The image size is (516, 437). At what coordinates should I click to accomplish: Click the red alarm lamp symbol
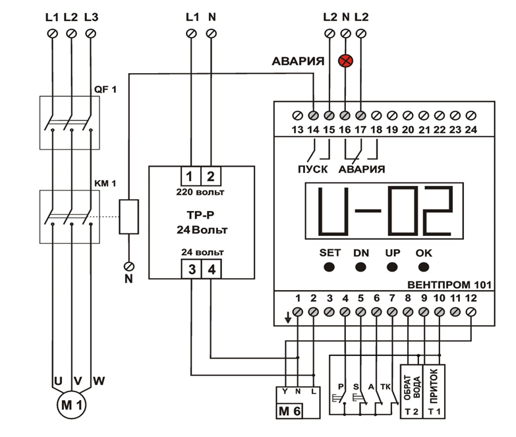(344, 61)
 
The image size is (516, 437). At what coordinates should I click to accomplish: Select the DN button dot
(361, 267)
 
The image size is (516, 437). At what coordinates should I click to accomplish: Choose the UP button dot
(393, 267)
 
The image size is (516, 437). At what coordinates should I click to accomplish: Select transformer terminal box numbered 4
(211, 269)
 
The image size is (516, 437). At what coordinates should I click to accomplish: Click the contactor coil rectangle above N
(129, 216)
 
